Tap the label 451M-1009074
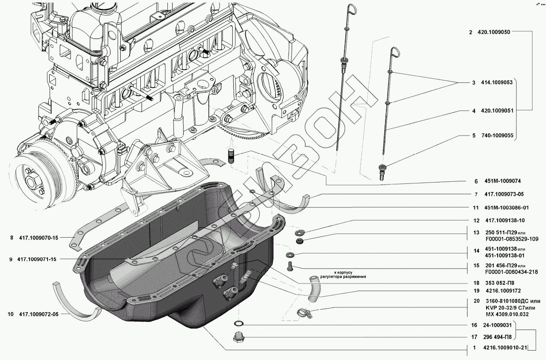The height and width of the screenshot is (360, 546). point(496,181)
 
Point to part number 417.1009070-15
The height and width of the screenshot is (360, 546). point(39,238)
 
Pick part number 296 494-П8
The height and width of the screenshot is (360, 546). point(496,336)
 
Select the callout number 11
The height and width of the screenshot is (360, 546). point(475,208)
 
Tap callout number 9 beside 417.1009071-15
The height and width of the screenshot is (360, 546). point(10,259)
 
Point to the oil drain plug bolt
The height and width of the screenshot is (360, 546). point(238,337)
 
